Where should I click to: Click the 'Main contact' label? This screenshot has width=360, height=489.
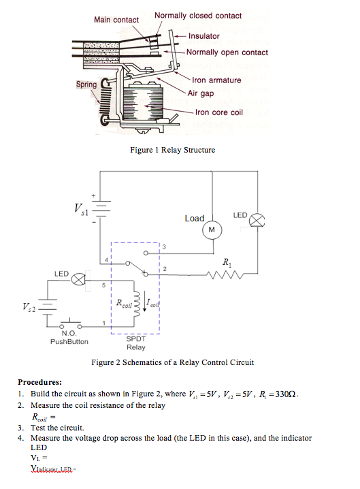(116, 20)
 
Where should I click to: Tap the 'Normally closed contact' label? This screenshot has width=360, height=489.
(197, 15)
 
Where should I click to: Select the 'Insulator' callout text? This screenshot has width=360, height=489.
(204, 35)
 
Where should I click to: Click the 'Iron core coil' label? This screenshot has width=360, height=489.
(218, 112)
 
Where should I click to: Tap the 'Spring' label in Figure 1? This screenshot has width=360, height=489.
(86, 85)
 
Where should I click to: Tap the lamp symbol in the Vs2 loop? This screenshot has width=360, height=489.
(78, 279)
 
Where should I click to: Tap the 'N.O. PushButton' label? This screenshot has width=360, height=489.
(69, 337)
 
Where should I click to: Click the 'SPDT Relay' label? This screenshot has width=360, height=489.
(136, 343)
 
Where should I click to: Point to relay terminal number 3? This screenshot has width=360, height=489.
(164, 246)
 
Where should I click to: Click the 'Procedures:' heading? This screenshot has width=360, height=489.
(40, 382)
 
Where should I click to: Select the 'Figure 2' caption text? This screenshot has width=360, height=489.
(172, 362)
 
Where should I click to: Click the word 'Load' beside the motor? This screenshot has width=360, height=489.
(194, 218)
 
